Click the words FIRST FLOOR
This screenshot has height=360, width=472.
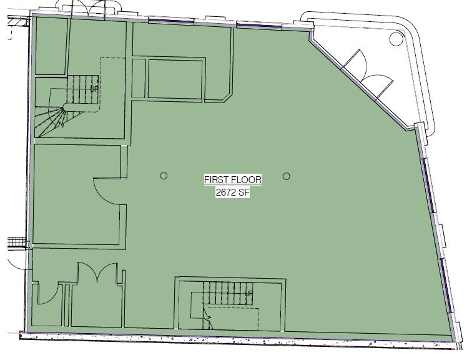[x=233, y=180]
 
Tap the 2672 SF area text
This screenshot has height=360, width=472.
[x=233, y=193]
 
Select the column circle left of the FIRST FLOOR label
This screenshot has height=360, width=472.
[x=164, y=176]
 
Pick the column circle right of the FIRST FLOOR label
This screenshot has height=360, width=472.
[x=287, y=176]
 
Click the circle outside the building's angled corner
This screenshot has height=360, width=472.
[x=396, y=39]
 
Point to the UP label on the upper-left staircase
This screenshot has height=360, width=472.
[x=94, y=89]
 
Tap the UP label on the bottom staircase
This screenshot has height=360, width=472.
[x=248, y=293]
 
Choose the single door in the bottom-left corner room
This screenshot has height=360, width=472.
[x=47, y=294]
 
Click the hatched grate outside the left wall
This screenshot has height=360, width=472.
[x=16, y=242]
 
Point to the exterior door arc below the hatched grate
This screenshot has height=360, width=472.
[x=17, y=259]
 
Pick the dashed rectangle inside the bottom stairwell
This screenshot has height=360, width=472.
[x=232, y=317]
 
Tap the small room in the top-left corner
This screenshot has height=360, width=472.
[x=50, y=46]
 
